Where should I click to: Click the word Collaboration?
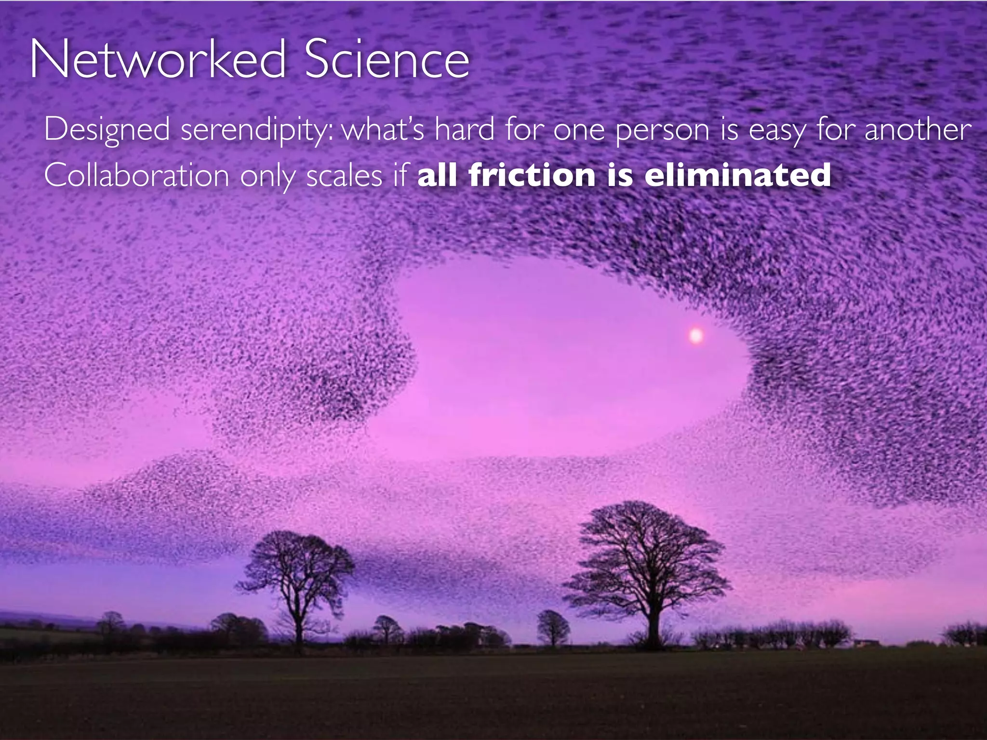tap(136, 175)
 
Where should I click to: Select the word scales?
tap(344, 175)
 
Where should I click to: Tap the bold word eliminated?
tap(737, 174)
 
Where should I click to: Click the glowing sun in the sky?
tap(695, 335)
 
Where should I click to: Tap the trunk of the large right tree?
tap(653, 626)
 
